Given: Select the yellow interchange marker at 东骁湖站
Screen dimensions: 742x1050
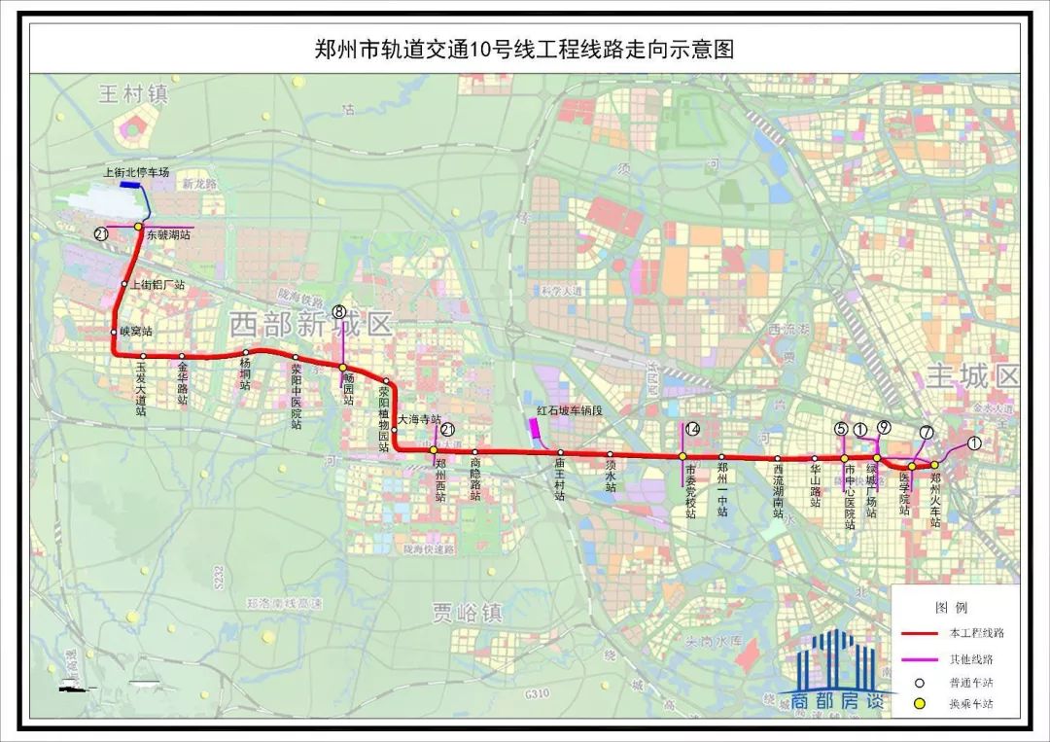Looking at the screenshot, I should (139, 227).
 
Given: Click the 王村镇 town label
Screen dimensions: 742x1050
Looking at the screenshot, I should (133, 94).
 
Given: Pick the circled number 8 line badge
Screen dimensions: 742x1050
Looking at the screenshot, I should (338, 312).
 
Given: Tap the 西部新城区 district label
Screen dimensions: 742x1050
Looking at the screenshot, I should (311, 325).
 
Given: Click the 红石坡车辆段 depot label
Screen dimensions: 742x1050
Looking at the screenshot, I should (570, 410).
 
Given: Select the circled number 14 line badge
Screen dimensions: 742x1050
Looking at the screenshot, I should (692, 429).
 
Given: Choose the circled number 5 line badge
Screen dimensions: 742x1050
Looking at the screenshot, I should (841, 428).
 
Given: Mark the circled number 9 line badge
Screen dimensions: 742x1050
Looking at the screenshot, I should (883, 427).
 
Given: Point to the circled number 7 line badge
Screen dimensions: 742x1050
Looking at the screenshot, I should (926, 432).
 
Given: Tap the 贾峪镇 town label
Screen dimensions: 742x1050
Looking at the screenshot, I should (468, 613).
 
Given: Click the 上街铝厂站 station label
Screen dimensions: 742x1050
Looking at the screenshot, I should (157, 284).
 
